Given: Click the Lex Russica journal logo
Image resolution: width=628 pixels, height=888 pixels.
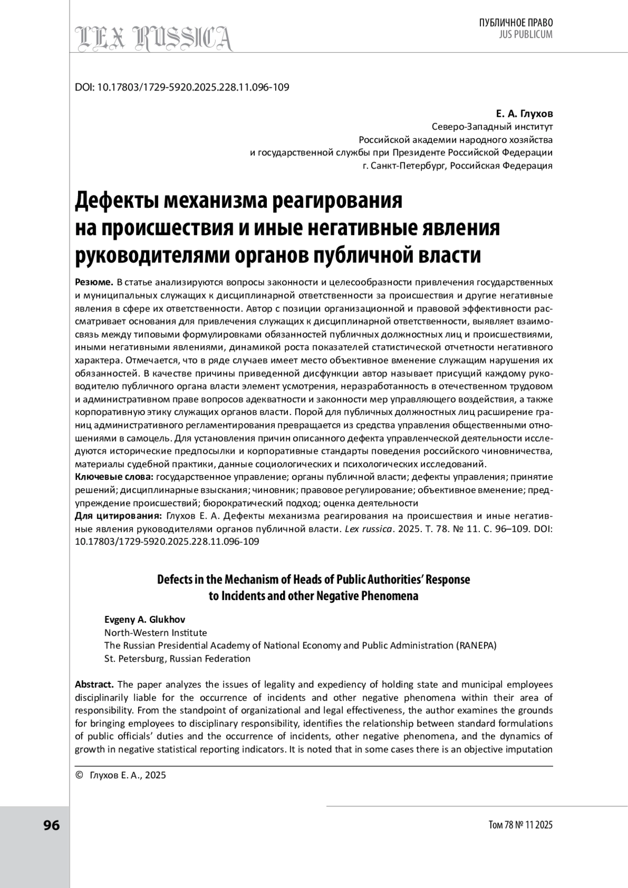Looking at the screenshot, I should point(154,38).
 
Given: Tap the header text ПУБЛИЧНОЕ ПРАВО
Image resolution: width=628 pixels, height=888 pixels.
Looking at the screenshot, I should point(515,23).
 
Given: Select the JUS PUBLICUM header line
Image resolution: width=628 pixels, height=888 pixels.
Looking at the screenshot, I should point(520,35).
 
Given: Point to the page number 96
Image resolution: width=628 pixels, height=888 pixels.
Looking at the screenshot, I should point(51,825).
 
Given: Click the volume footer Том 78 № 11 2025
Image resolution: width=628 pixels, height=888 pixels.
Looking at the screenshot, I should point(520,825).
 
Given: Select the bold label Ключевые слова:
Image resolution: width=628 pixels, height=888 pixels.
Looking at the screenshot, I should point(114,477).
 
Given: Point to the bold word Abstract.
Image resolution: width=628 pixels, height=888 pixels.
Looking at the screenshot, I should point(94,684).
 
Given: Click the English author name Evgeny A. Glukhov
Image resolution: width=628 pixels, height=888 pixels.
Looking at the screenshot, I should point(144,620).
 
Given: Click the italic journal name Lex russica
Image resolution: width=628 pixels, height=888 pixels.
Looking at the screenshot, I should point(368,529).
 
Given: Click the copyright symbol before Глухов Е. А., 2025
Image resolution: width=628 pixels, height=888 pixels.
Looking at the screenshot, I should point(80,775).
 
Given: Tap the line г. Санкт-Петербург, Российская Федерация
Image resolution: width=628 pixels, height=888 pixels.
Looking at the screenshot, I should point(457,166).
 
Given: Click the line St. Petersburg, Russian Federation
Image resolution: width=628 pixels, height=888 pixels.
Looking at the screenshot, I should point(177,658).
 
